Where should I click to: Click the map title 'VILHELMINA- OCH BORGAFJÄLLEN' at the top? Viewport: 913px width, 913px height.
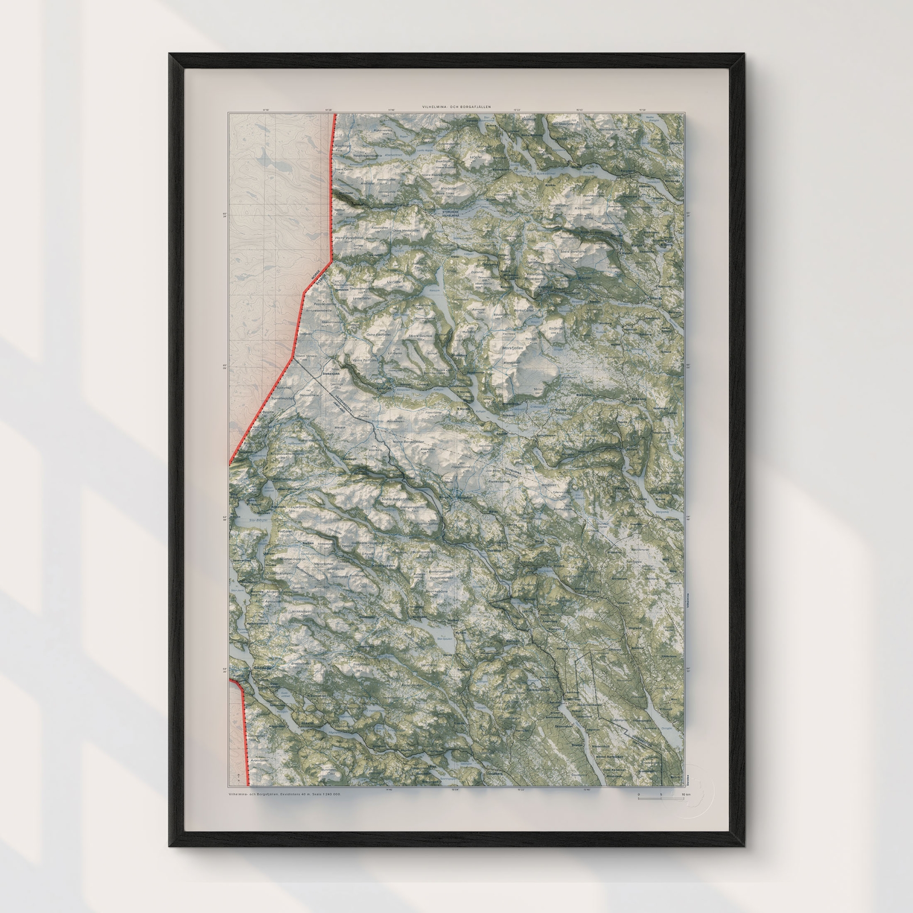pyautogui.click(x=455, y=107)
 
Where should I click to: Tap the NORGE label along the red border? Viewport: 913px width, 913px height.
pyautogui.click(x=316, y=274)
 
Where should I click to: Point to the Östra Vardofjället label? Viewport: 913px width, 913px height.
pyautogui.click(x=405, y=231)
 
